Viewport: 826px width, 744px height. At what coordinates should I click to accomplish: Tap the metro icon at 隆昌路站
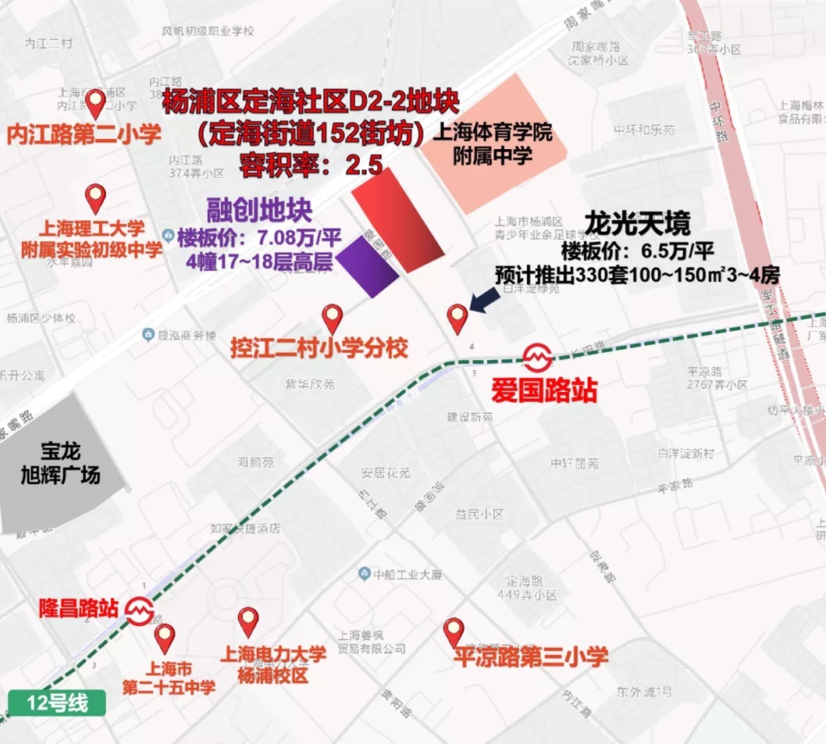pos(140,608)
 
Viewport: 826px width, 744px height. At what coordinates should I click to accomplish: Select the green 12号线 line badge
pos(56,703)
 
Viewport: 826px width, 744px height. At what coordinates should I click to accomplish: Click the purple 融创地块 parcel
pos(368,265)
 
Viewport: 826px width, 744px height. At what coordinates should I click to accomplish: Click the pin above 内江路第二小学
pos(96,102)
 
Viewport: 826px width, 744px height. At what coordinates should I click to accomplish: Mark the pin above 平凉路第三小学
pos(454,629)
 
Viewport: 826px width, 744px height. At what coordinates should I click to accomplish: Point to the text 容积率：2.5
pos(310,165)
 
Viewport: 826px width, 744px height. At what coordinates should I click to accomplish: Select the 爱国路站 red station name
pos(543,389)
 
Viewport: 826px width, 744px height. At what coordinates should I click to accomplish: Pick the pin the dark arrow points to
pos(456,317)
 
